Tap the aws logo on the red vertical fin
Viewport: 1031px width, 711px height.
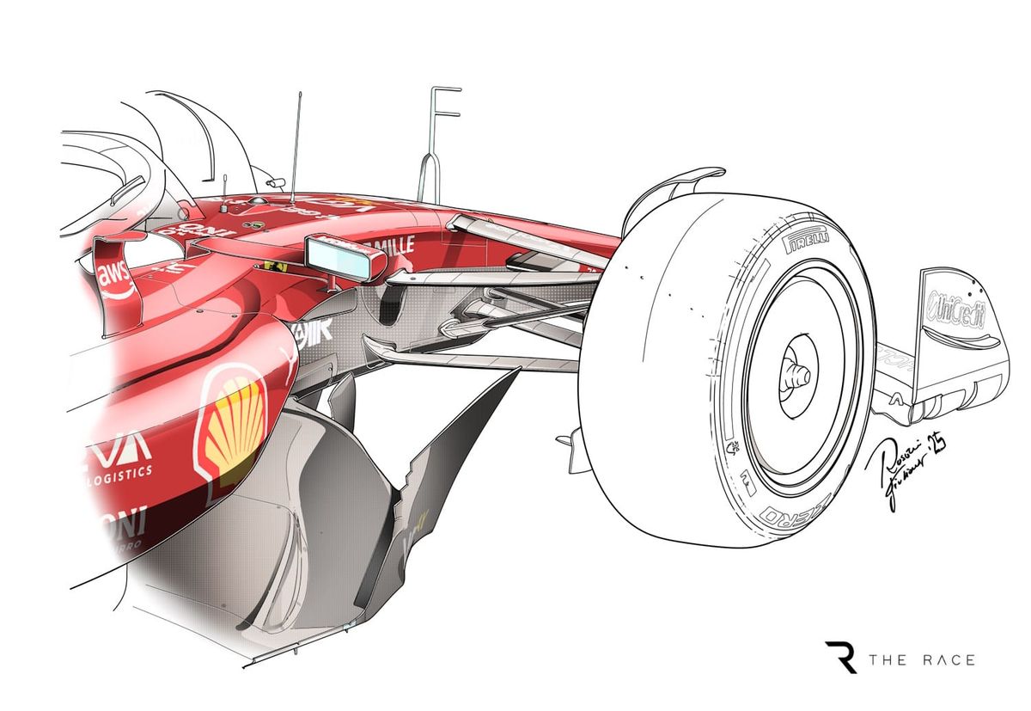pyautogui.click(x=114, y=277)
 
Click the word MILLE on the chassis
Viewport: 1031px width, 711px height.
pyautogui.click(x=393, y=245)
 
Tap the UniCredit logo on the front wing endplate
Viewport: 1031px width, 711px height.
pyautogui.click(x=955, y=304)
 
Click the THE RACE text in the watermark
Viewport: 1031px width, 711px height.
pyautogui.click(x=922, y=659)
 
